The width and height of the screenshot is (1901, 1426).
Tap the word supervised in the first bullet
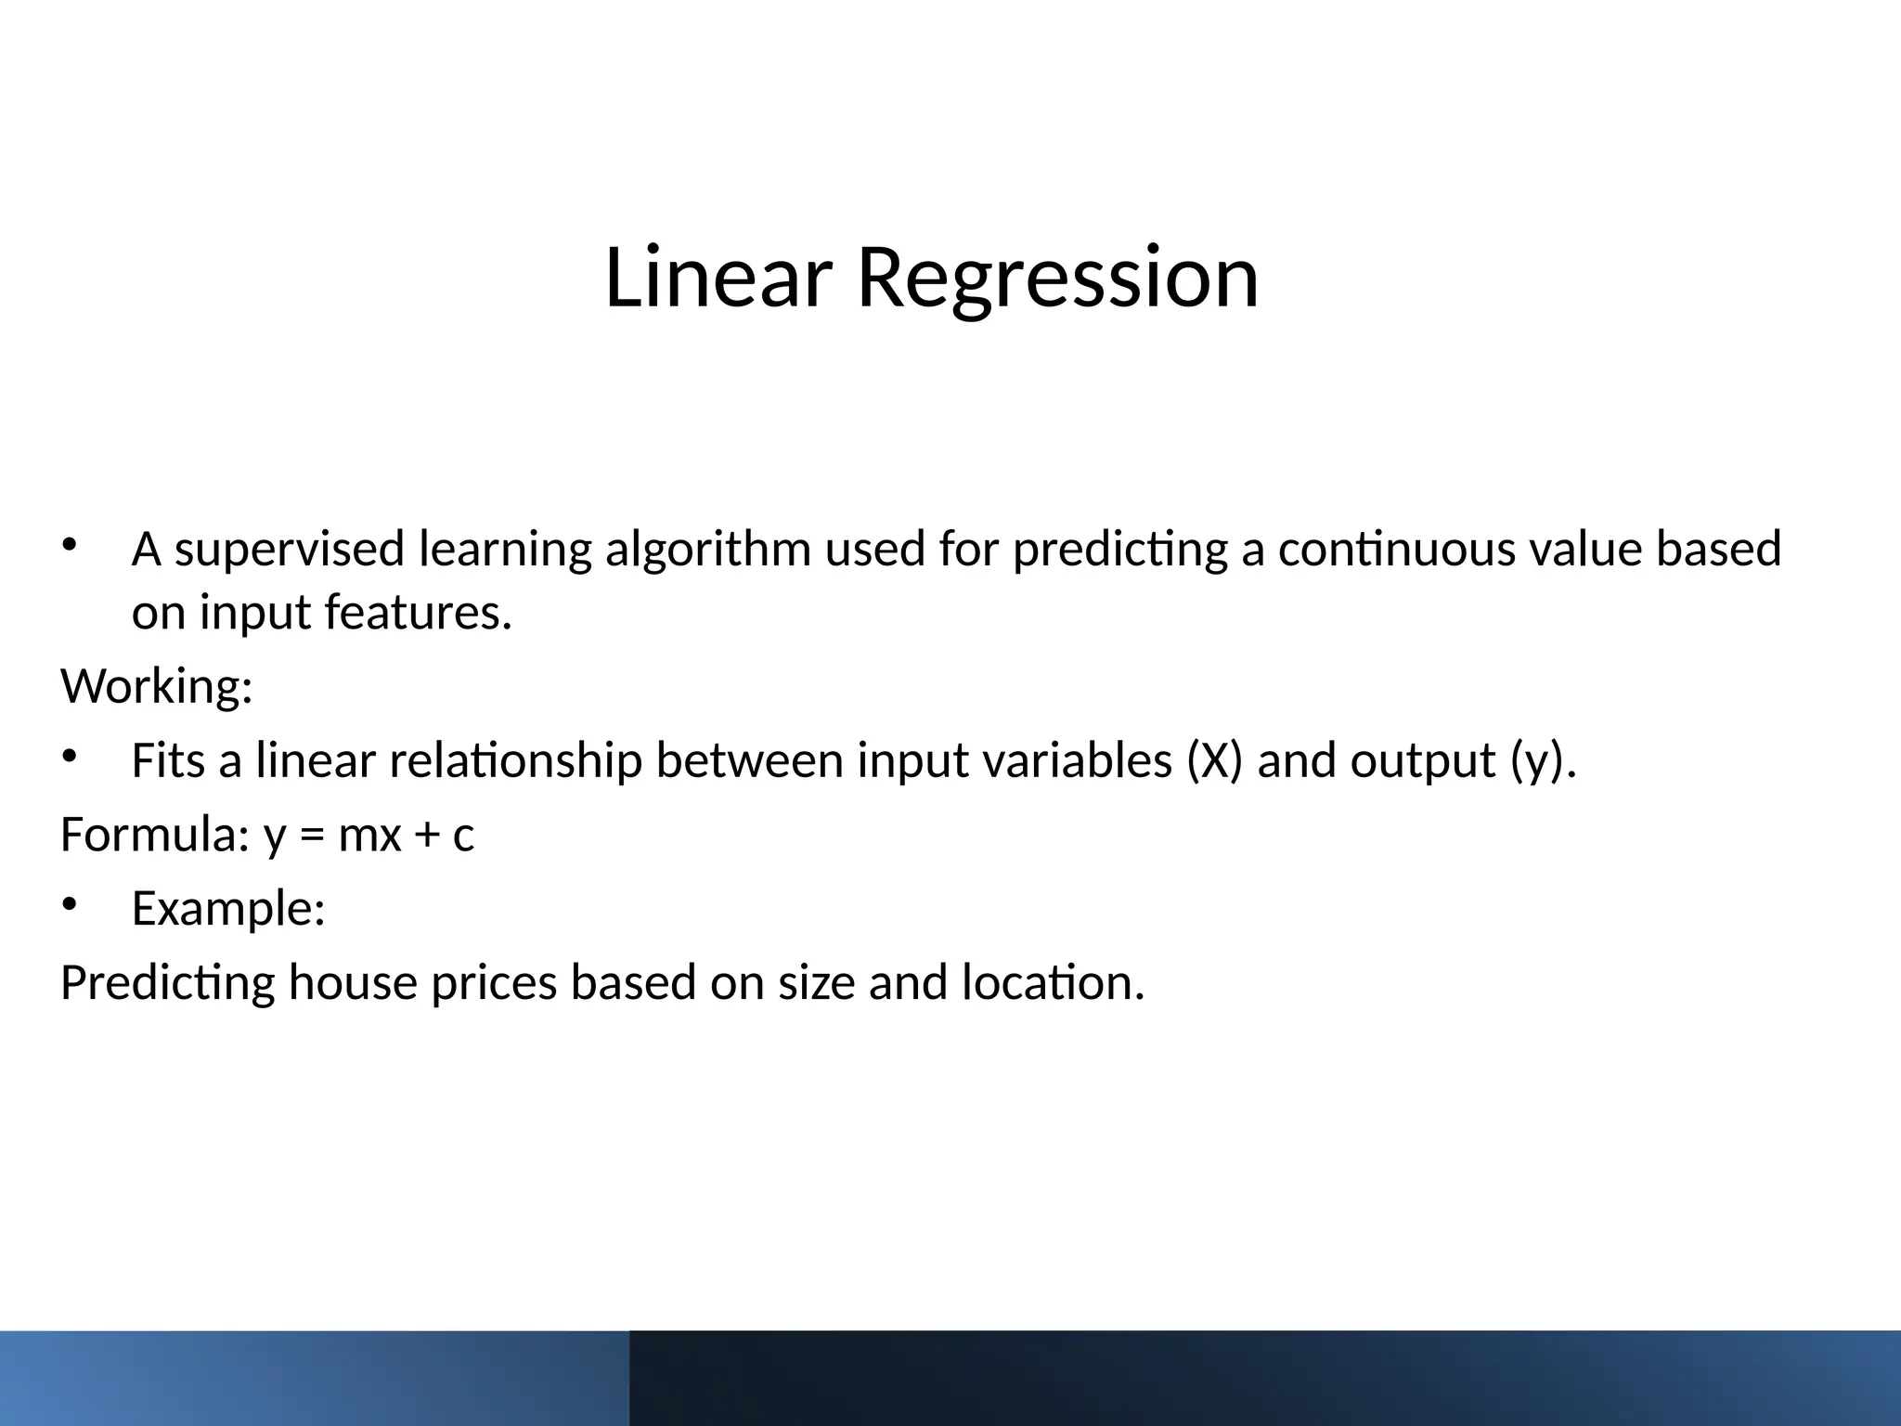[290, 549]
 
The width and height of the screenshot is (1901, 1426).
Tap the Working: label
[157, 687]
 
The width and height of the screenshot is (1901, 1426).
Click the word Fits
[168, 760]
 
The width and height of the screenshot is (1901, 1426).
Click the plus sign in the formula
[426, 836]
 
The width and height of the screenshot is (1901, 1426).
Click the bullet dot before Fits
[69, 757]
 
